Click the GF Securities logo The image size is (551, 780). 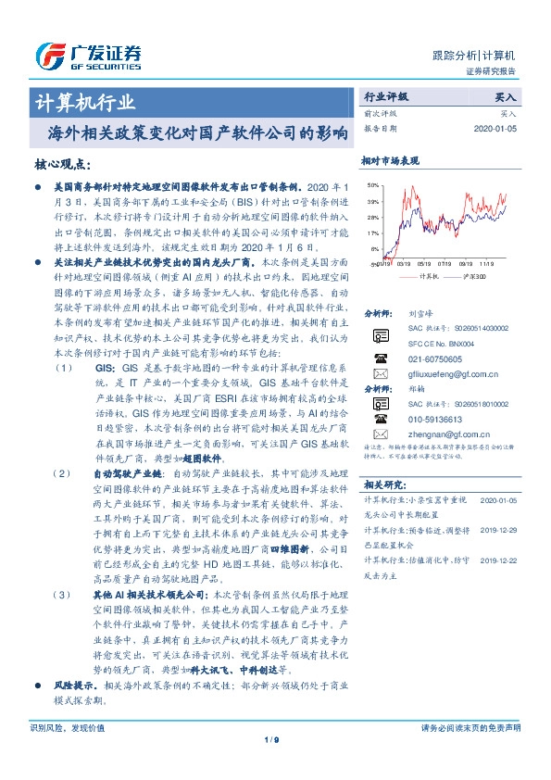[x=88, y=55]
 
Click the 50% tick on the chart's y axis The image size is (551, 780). [x=371, y=182]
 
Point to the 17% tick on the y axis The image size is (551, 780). [x=371, y=233]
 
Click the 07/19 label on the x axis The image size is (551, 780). [x=444, y=262]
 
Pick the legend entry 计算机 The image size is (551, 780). [x=427, y=275]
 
